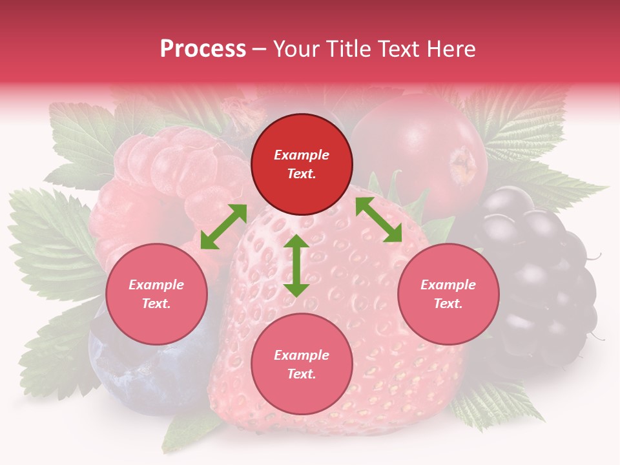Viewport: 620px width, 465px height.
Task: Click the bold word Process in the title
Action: [x=203, y=49]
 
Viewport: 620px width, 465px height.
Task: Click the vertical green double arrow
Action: [x=296, y=265]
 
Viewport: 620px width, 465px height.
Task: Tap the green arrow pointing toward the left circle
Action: [x=223, y=226]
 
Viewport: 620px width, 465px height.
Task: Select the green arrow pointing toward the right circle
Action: [x=378, y=220]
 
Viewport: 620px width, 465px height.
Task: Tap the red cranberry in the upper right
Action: [x=426, y=149]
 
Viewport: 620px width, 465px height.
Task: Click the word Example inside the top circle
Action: [x=302, y=155]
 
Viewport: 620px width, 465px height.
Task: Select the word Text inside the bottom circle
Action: [x=302, y=374]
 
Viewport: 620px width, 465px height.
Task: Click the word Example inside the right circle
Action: [x=448, y=285]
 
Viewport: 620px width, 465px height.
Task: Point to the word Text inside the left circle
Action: [x=156, y=304]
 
